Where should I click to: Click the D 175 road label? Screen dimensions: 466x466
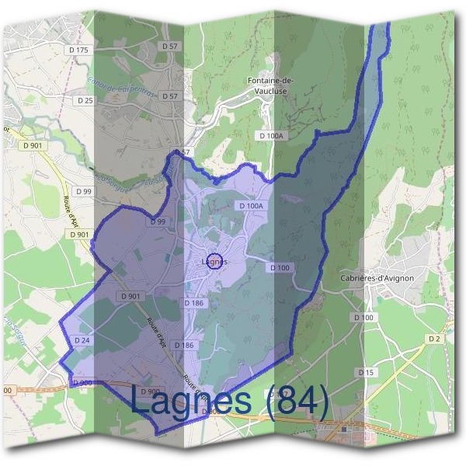tap(79, 50)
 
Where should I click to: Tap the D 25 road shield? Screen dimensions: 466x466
tap(85, 100)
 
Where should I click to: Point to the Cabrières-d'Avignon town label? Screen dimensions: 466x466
tap(377, 277)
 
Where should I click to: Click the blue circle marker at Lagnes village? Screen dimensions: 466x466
tap(216, 261)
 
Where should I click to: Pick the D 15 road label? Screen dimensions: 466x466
tap(366, 373)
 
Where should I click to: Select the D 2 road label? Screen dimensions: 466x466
tap(433, 339)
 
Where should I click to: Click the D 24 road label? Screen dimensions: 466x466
tap(82, 340)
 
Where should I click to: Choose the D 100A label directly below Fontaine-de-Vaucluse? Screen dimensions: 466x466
tap(272, 135)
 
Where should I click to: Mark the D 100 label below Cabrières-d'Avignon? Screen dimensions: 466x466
tap(363, 317)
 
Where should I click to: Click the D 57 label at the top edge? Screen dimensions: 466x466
tap(169, 47)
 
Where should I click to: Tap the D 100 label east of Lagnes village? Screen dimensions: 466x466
tap(280, 267)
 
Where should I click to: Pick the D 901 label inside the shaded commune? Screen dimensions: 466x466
tap(130, 296)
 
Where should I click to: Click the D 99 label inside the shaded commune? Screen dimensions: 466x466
tap(158, 222)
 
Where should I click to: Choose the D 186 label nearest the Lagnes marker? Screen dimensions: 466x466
tap(194, 302)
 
